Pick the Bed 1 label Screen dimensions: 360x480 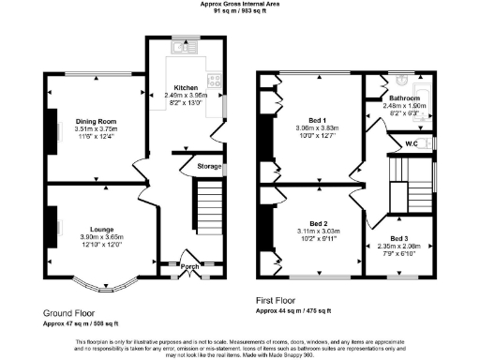[x=310, y=120]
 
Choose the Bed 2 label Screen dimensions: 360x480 [x=310, y=222]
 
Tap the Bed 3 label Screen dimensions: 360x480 [x=399, y=239]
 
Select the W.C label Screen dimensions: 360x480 [x=410, y=143]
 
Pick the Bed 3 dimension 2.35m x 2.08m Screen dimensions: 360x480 [x=399, y=247]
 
